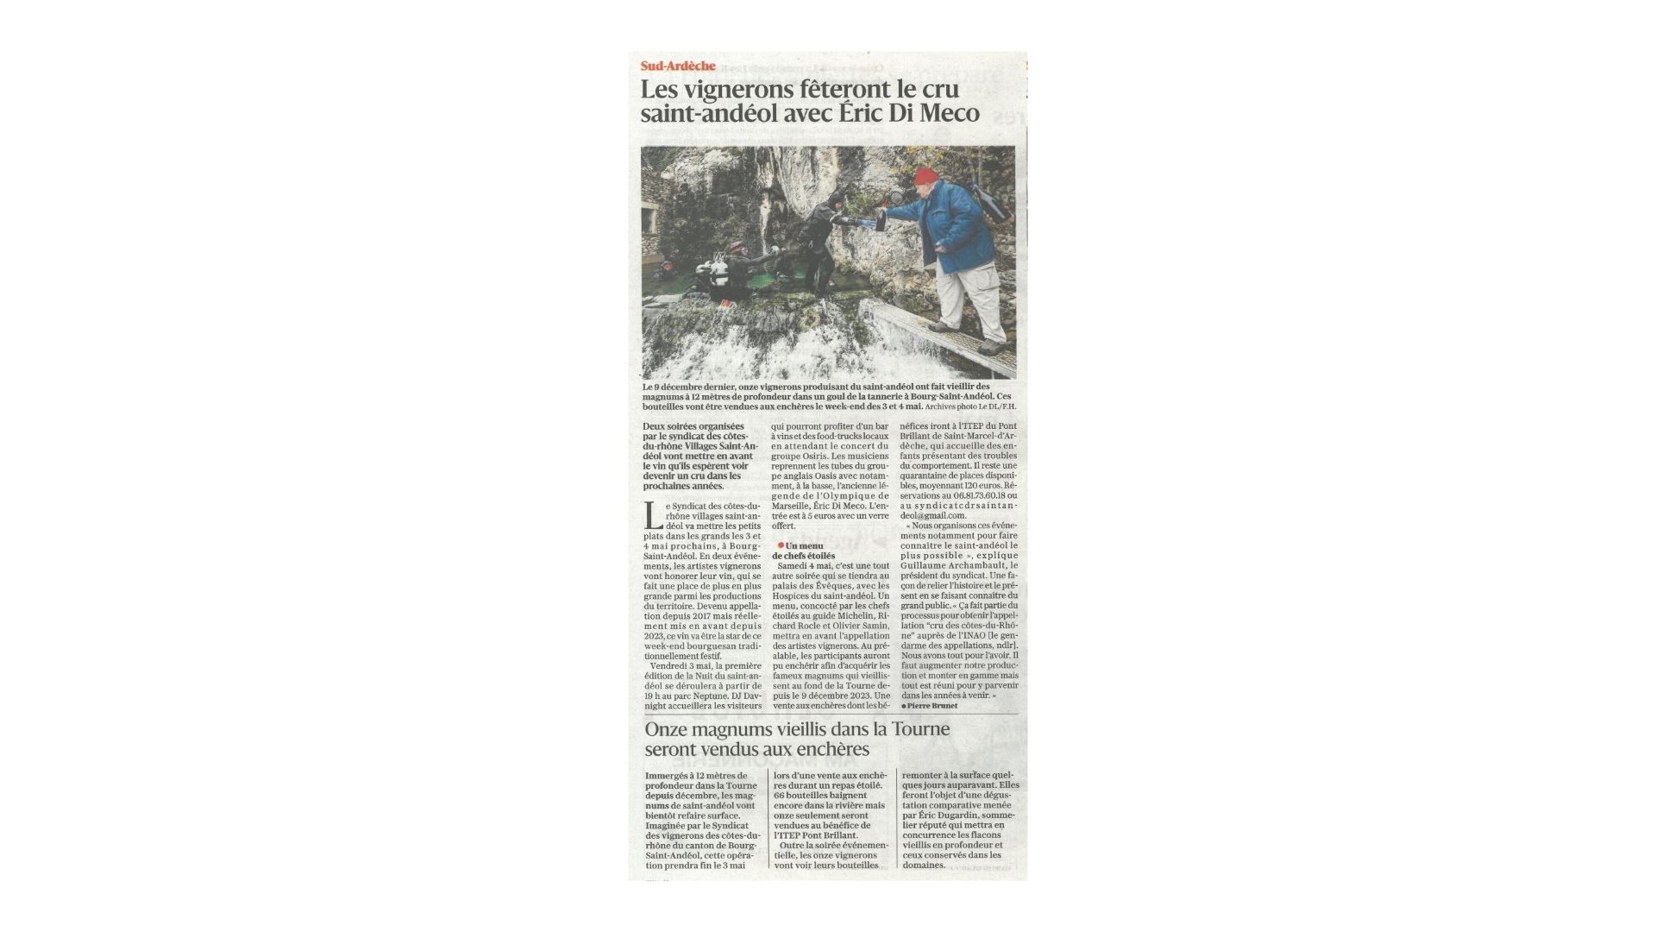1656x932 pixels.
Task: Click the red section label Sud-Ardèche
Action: point(678,66)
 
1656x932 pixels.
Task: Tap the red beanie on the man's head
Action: point(925,177)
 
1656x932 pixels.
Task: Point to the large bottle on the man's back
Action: point(993,202)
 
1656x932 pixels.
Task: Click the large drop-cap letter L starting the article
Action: point(653,516)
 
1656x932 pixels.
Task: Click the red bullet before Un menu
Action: point(781,545)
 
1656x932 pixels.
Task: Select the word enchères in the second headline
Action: point(831,749)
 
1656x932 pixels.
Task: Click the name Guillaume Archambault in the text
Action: point(949,566)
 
